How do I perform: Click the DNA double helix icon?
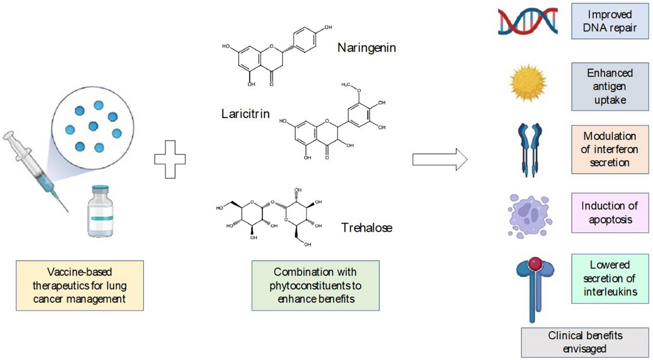527,22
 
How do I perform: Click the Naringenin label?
366,48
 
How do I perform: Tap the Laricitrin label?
246,114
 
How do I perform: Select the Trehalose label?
366,227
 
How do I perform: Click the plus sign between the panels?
170,159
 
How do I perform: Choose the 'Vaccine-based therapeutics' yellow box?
80,285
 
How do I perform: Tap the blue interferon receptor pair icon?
526,148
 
